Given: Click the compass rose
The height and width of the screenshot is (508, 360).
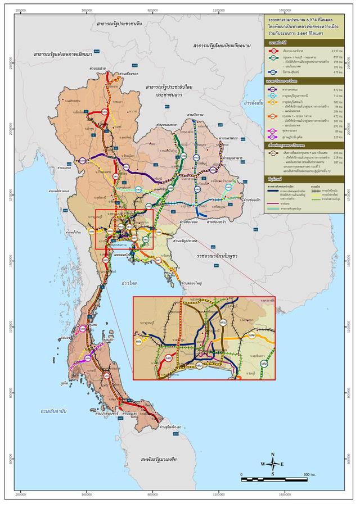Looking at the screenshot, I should [x=273, y=464].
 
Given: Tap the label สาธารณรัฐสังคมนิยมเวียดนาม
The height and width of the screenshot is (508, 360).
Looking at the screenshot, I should [x=231, y=45].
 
